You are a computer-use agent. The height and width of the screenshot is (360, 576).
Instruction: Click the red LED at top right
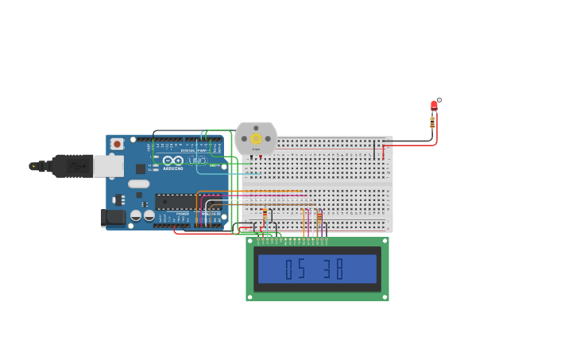tap(434, 105)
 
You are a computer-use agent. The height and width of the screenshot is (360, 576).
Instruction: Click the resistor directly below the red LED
tap(432, 122)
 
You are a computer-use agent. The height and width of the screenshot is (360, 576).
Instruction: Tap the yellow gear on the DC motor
tap(256, 138)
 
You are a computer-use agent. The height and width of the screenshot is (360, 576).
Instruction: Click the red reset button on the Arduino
tap(117, 144)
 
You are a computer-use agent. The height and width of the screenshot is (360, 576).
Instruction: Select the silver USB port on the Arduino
tap(108, 165)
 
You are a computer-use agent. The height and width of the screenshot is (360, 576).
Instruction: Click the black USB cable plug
tap(72, 165)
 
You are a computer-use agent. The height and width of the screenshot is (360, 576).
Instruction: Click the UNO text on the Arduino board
tap(197, 161)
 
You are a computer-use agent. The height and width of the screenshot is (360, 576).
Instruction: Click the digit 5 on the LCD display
tap(300, 269)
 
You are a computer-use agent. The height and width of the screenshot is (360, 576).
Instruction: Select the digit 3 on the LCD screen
tap(327, 269)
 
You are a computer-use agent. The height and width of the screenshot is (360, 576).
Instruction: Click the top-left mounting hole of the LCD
tap(250, 242)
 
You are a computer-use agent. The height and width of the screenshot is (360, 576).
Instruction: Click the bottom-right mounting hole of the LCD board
tap(385, 296)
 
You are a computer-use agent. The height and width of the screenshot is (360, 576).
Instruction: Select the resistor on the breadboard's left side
tap(265, 215)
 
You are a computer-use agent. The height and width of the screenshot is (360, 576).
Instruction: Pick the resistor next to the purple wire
tap(319, 216)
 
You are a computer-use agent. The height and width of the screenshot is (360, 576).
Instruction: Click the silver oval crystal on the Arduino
tap(139, 184)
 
